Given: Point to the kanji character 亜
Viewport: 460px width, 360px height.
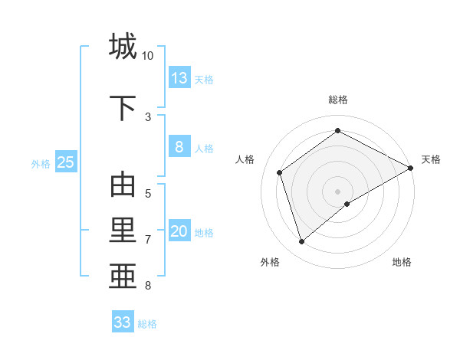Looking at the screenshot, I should pos(123,275).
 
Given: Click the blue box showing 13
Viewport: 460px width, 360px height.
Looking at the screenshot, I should pos(179,78).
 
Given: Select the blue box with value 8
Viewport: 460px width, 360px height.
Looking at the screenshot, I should pos(179,147).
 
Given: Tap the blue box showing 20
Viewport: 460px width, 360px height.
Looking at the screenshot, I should pos(179,232).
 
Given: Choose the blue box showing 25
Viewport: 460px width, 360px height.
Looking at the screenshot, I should pos(65,162).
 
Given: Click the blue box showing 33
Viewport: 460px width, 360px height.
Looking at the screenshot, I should pos(123,322).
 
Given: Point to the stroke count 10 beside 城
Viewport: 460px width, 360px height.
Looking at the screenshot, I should pos(147,56).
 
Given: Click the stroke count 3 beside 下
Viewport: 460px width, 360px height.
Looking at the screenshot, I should pos(147,117).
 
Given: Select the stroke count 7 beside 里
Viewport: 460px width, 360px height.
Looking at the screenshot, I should pos(147,240).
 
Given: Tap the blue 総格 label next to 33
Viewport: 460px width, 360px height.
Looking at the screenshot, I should pos(147,324).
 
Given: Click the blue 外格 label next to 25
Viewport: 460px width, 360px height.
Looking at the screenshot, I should pos(41,163).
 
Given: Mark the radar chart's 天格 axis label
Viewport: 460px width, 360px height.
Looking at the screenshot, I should pos(431,159).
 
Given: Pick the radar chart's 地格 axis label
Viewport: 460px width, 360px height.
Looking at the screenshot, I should pos(402,262).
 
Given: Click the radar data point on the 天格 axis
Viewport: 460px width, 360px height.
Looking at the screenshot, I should pos(411,168).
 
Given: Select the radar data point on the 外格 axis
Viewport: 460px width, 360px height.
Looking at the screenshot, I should pos(301,242).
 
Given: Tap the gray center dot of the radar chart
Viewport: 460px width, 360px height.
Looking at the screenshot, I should pos(337,191).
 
